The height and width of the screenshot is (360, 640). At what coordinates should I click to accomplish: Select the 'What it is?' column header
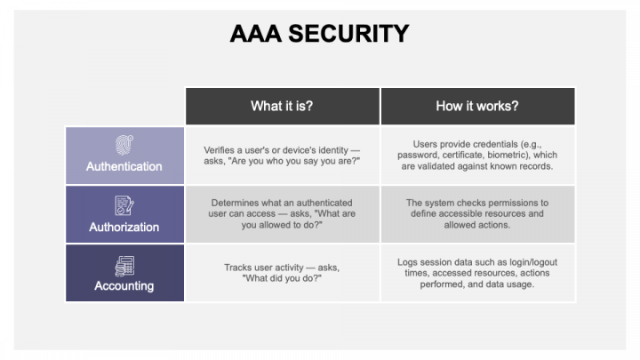pyautogui.click(x=282, y=106)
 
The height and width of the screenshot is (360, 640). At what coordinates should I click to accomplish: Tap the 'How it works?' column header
pyautogui.click(x=477, y=106)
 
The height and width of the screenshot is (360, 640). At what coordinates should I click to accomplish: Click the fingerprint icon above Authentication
pyautogui.click(x=124, y=146)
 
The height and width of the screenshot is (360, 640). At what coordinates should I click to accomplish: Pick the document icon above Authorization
pyautogui.click(x=124, y=206)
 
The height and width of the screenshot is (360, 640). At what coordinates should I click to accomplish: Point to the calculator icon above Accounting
pyautogui.click(x=124, y=265)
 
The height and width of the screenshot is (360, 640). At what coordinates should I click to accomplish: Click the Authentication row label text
pyautogui.click(x=124, y=166)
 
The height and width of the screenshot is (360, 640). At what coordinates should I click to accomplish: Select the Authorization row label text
pyautogui.click(x=124, y=227)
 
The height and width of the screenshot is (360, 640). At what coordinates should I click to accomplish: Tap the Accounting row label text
pyautogui.click(x=124, y=286)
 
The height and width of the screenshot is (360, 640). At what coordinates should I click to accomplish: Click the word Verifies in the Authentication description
pyautogui.click(x=221, y=149)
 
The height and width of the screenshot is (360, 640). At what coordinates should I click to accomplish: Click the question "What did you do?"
pyautogui.click(x=282, y=279)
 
